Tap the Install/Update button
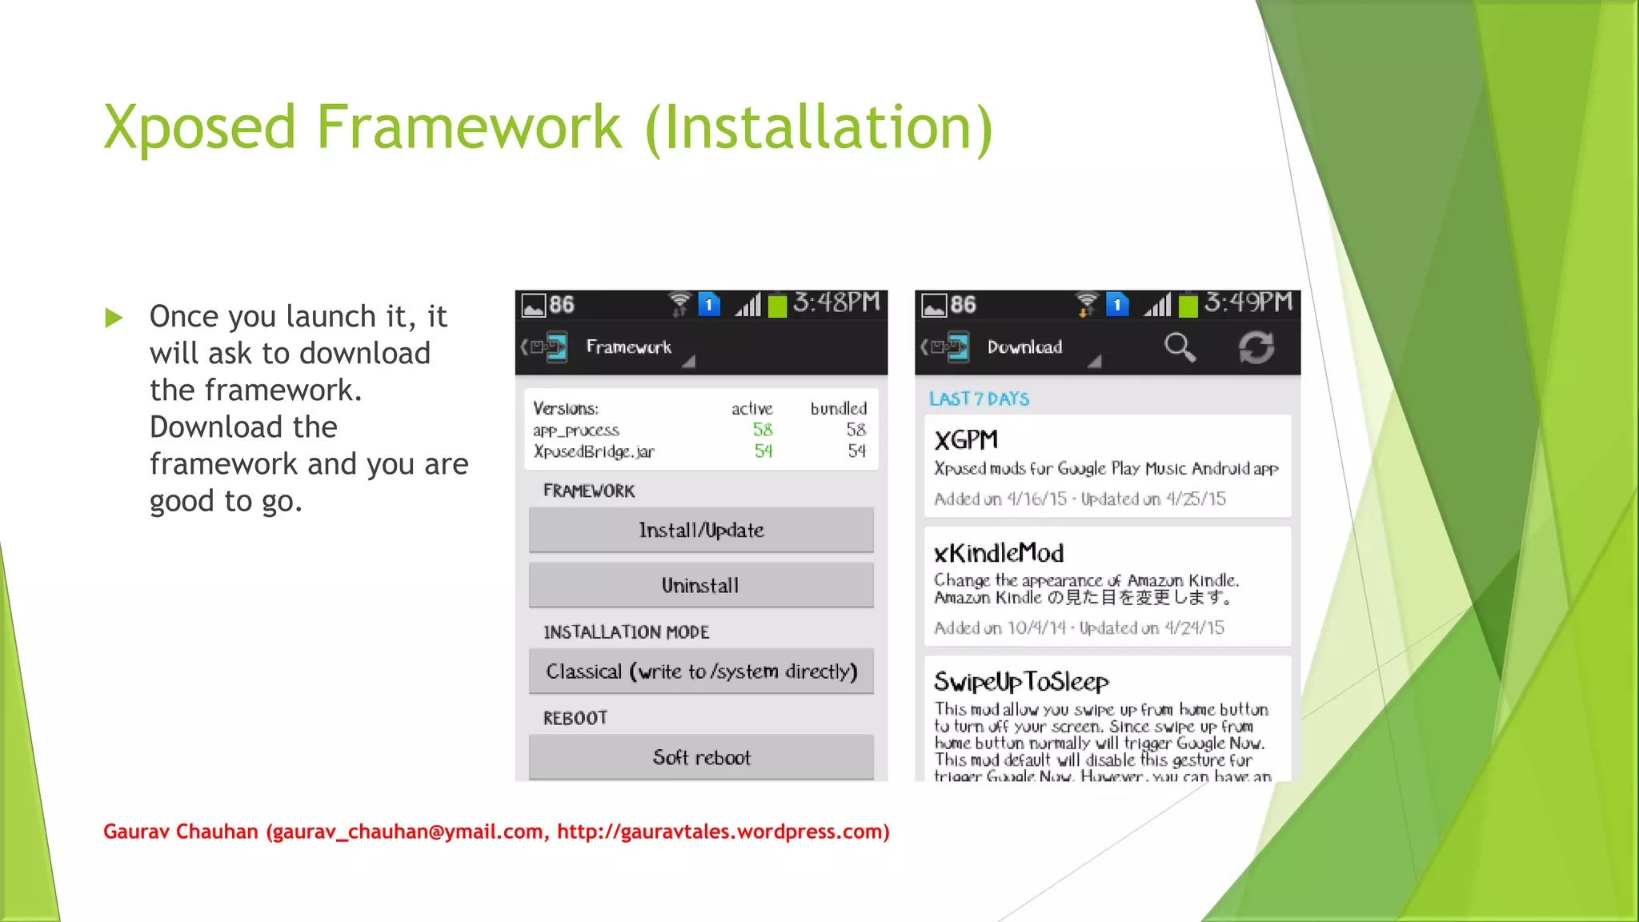coord(701,530)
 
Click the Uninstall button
coord(701,585)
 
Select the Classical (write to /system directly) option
coord(701,671)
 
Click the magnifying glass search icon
coord(1179,347)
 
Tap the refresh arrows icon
coord(1256,347)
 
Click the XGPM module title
coord(966,440)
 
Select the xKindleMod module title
coord(999,553)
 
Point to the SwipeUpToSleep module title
coord(1021,682)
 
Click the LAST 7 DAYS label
coord(979,399)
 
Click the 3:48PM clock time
coord(836,303)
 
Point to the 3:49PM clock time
coord(1248,303)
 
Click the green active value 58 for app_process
coord(763,430)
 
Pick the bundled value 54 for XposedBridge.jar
coord(856,451)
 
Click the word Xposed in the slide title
coord(200,128)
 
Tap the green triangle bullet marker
coord(114,318)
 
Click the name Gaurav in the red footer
coord(136,832)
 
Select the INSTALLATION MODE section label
coord(626,632)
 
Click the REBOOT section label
coord(575,718)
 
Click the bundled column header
coord(838,409)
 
